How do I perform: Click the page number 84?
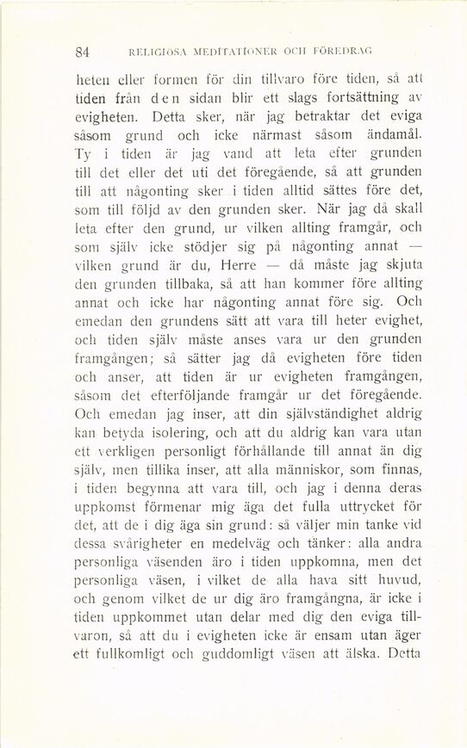[83, 51]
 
